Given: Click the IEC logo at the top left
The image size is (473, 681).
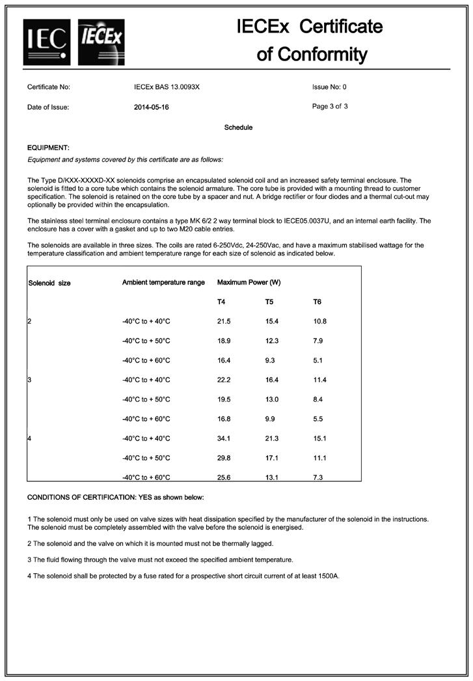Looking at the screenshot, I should (x=47, y=42).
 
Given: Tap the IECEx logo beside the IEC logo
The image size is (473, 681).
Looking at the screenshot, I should (x=101, y=42).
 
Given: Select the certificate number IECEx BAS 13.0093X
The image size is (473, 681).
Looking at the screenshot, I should (x=167, y=86).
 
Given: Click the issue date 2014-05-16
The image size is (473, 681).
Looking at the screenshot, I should (x=151, y=107).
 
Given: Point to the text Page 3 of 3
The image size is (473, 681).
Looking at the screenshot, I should (x=330, y=107).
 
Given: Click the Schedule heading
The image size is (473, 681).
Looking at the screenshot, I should (x=238, y=127).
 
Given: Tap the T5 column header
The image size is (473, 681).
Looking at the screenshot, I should (x=269, y=302).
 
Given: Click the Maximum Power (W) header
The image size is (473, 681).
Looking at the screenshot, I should (x=249, y=283).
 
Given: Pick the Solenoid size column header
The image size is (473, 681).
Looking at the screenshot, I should (x=49, y=283).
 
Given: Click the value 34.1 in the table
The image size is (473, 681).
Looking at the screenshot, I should (x=224, y=439).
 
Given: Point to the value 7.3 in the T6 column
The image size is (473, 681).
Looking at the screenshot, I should (x=319, y=478).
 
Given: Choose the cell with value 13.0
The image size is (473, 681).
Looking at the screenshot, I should (x=272, y=400).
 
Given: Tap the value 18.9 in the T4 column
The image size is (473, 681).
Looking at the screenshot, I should (x=224, y=341).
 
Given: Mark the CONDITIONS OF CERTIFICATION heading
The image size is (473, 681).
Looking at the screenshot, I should (x=115, y=498).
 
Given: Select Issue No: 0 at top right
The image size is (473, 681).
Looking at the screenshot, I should (x=329, y=86).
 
